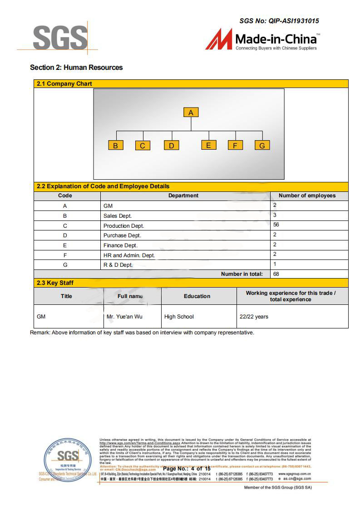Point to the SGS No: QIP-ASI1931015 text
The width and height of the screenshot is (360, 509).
point(279,21)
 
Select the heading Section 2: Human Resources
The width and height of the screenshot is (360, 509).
point(76,68)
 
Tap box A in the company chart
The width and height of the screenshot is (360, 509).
point(191,113)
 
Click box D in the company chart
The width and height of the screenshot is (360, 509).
point(171,146)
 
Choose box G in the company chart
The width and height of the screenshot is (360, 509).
point(262,146)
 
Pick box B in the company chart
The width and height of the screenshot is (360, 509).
point(115,146)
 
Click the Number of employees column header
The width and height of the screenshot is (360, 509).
point(307,196)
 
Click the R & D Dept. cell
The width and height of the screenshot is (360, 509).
point(118,265)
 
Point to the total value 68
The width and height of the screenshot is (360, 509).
point(276,274)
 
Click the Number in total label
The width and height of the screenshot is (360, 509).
point(242,274)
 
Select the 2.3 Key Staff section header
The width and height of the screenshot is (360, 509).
point(55,283)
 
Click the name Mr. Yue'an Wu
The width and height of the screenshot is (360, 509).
point(124,317)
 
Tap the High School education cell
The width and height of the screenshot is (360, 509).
point(179,317)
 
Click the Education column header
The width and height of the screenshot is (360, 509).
point(197,296)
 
